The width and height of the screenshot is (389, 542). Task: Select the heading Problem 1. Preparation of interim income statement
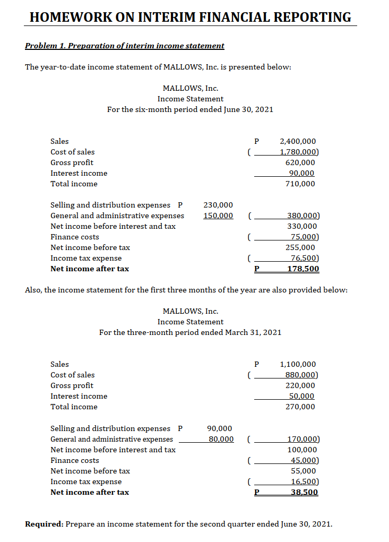125,46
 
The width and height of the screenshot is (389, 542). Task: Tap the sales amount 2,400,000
297,141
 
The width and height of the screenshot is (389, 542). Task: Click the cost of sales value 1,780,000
298,152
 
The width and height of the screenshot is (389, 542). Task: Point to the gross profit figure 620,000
300,162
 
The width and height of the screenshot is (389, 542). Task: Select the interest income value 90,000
301,173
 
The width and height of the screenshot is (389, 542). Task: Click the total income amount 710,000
300,184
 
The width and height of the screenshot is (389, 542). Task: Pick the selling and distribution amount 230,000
218,205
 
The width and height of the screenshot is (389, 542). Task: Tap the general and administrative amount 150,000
218,216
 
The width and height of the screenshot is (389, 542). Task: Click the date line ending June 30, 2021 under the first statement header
190,109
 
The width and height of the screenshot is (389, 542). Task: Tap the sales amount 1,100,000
297,364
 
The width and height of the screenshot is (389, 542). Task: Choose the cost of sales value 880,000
301,375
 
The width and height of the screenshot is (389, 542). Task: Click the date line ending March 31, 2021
190,332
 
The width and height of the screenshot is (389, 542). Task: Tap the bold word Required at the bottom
45,524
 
